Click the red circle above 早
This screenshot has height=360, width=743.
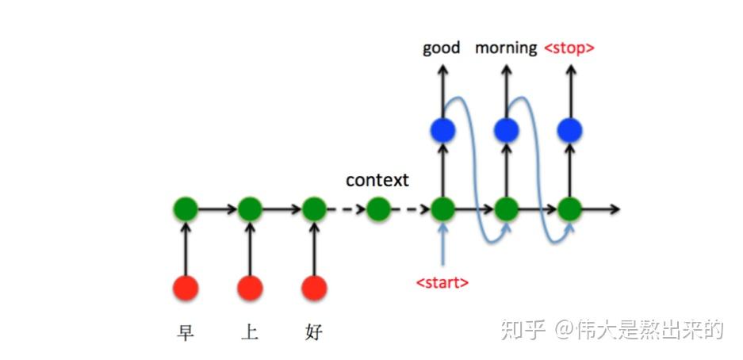(x=186, y=287)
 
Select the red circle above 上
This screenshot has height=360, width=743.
(x=250, y=287)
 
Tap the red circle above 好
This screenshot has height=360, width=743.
(x=314, y=287)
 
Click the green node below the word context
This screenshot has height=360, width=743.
(x=378, y=209)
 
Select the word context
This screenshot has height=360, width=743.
(x=377, y=180)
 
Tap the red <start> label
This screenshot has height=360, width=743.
(x=442, y=282)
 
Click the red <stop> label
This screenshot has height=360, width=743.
(x=569, y=48)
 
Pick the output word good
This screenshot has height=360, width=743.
(x=442, y=48)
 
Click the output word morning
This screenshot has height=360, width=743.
(x=506, y=48)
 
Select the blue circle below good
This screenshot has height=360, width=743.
(x=442, y=129)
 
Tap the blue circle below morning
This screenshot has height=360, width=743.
(x=506, y=129)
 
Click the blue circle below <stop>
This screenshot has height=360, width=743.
(x=569, y=129)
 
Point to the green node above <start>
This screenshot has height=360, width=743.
(x=442, y=209)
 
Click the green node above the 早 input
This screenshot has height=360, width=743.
(x=186, y=209)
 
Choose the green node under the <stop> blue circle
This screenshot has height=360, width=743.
(x=569, y=209)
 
